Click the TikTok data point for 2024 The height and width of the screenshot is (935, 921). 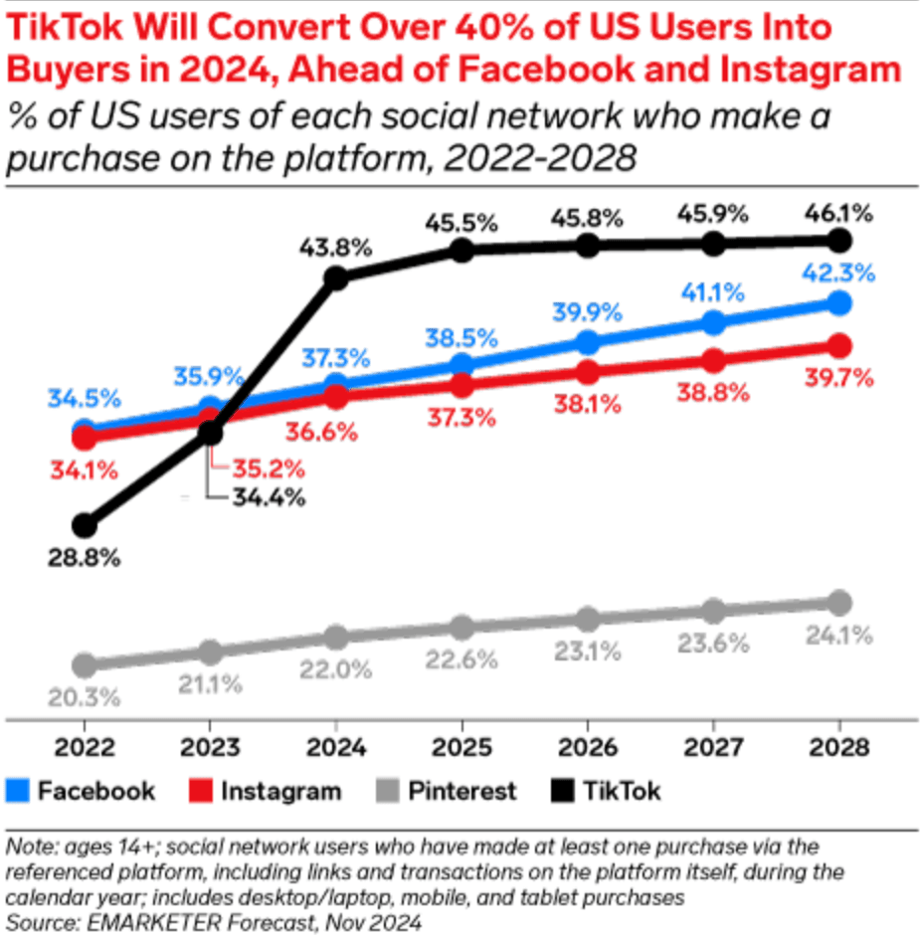point(336,279)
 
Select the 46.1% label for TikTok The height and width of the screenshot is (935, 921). point(838,212)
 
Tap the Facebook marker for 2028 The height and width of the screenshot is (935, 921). point(839,303)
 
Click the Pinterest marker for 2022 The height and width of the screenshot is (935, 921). point(85,664)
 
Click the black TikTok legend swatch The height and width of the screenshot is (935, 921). point(562,792)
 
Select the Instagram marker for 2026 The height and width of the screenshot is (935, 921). point(588,372)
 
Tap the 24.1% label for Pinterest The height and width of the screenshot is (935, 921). point(838,635)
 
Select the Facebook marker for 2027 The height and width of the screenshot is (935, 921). point(713,322)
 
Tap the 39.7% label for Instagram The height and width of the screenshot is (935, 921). point(838,378)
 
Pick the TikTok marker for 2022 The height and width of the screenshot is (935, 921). point(85,524)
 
